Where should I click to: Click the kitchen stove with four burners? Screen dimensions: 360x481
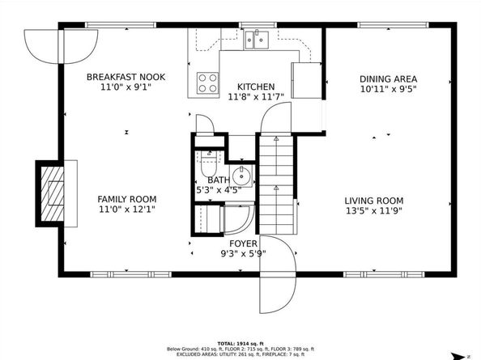tap(207, 81)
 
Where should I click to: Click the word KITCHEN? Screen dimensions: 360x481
tap(255, 87)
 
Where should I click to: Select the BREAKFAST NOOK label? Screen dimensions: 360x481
tap(126, 77)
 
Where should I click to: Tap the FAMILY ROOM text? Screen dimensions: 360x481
tap(126, 199)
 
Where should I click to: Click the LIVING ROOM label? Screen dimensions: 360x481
tap(373, 201)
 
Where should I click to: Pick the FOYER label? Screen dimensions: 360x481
tap(243, 243)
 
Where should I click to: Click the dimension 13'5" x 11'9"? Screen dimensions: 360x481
tap(373, 211)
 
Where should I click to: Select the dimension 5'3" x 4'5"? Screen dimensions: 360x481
tap(219, 190)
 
